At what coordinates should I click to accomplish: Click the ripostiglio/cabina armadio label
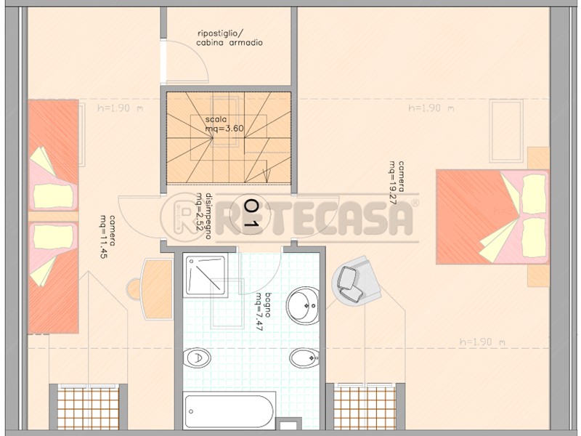229,38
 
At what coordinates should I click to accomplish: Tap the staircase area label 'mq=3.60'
224,129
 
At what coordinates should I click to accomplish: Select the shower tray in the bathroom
206,275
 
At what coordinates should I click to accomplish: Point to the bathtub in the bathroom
229,411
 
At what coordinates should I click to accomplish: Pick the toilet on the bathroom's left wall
196,358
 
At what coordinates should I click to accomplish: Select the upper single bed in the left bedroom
53,156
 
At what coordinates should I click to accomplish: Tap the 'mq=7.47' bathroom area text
258,312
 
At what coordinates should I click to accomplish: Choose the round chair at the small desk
134,289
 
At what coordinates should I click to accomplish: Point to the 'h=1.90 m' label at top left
120,108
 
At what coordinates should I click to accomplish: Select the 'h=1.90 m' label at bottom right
482,342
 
